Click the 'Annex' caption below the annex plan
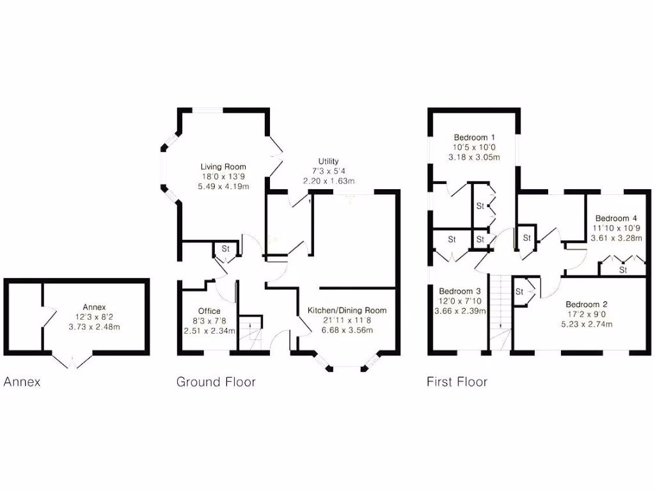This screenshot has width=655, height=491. [x=22, y=382]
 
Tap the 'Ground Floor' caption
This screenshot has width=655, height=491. [x=216, y=382]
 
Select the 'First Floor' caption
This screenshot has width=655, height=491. [x=457, y=382]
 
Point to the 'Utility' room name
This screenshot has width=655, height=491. [x=328, y=162]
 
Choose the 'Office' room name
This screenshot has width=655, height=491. [x=209, y=311]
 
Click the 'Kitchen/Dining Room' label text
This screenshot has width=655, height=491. [x=347, y=311]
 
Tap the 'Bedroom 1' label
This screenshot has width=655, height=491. [x=474, y=137]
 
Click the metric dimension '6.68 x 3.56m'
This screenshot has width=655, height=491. [x=347, y=330]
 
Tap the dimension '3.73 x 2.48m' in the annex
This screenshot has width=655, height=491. [x=94, y=327]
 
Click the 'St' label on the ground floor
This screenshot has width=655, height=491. [x=225, y=249]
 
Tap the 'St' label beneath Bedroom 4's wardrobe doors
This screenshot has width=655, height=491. [x=622, y=270]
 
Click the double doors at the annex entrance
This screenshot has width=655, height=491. [x=72, y=360]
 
